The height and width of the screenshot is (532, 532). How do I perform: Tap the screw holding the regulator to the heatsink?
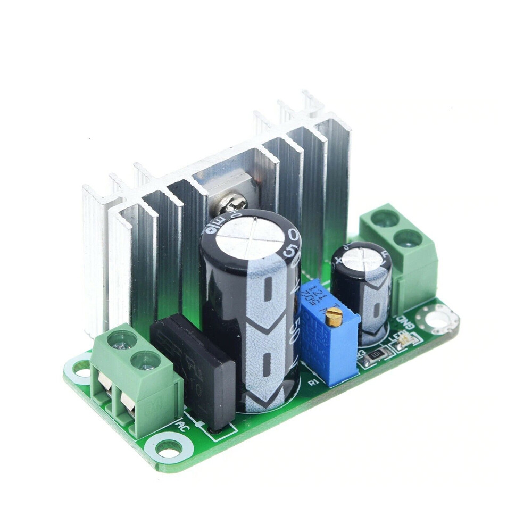point(232,202)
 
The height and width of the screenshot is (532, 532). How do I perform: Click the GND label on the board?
point(405,322)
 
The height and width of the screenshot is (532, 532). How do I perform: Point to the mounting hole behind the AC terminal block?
point(81,367)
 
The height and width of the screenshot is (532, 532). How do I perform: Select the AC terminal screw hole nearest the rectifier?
point(145,361)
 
